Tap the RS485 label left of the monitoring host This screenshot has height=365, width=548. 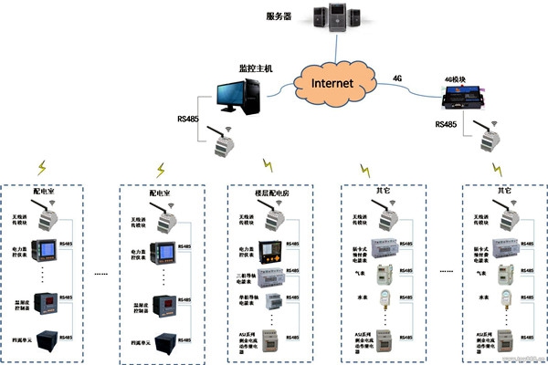[x=188, y=118]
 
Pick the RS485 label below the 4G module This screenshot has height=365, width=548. [x=448, y=124]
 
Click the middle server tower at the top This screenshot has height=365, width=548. [x=333, y=19]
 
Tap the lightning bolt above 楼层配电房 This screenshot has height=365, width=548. [x=269, y=166]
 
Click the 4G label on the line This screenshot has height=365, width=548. [x=396, y=78]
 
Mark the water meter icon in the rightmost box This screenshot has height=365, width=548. [x=512, y=298]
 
